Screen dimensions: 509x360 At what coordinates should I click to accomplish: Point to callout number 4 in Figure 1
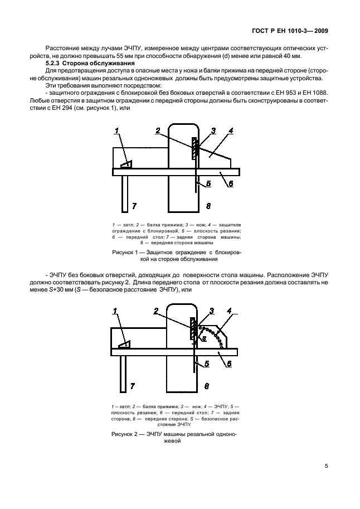[x=230, y=132]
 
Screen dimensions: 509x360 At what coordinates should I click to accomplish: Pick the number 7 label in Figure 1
[x=134, y=206]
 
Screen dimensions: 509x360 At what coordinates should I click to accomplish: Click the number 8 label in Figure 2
[x=208, y=386]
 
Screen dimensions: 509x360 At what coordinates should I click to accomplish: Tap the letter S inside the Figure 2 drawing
[x=203, y=338]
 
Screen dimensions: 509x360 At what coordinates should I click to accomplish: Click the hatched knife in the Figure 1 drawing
[x=194, y=149]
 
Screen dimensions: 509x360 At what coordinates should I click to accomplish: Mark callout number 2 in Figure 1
[x=158, y=131]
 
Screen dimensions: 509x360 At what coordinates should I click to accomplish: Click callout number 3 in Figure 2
[x=212, y=311]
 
